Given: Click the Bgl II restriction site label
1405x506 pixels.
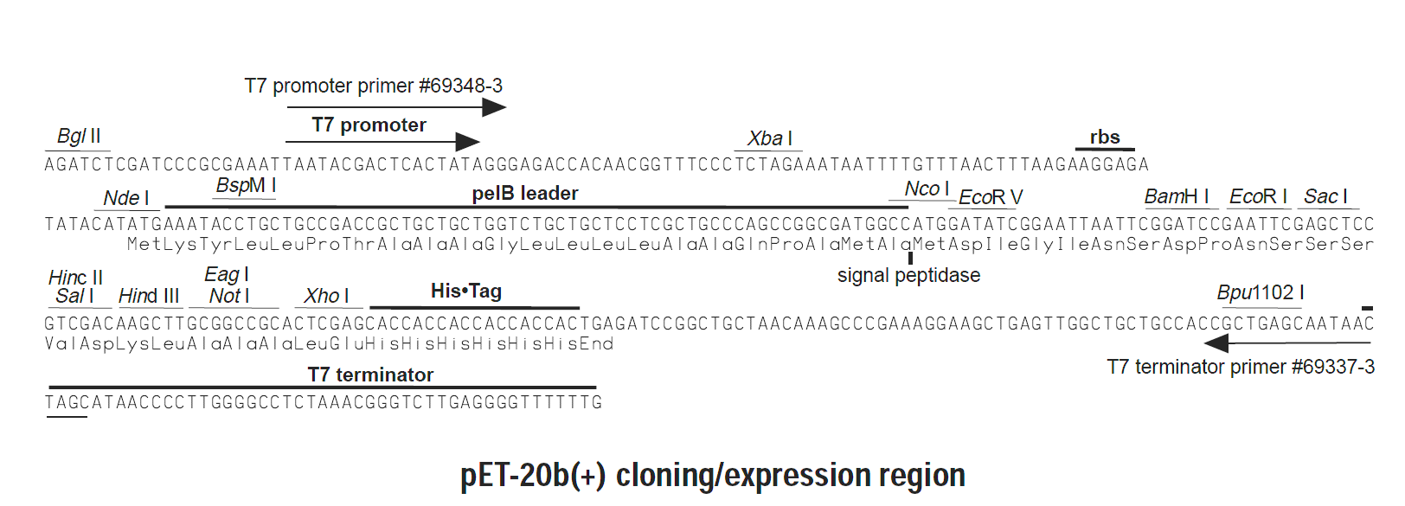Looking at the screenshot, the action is pos(79,136).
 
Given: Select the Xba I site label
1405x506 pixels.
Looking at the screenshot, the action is pos(770,138).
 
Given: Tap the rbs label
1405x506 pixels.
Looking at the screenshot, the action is pos(1105,137).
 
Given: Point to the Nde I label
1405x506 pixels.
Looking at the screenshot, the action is pos(126,198).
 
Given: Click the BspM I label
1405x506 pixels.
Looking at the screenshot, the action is pos(246,186).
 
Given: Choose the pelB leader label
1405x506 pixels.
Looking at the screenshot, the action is pos(525,193).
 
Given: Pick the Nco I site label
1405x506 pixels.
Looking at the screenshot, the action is pos(927,189).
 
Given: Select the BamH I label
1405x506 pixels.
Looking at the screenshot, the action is pos(1176,197).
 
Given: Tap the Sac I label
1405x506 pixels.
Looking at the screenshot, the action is pos(1325,197).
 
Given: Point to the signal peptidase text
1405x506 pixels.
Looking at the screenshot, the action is pos(908,275).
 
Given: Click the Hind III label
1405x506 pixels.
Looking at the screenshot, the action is pos(149,296).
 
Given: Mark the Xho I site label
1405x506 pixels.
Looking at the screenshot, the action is pos(326,296).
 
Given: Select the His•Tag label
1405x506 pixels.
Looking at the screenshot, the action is pos(466,291).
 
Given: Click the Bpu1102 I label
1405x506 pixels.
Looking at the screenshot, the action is pos(1261,293).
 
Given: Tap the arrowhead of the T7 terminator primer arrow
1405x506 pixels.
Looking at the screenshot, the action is pos(1216,343).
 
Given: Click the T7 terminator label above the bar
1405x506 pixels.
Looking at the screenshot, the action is pos(370,375).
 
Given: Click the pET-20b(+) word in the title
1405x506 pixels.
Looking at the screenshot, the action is pos(533,476).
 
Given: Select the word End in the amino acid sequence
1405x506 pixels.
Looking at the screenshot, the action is pos(596,343).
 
